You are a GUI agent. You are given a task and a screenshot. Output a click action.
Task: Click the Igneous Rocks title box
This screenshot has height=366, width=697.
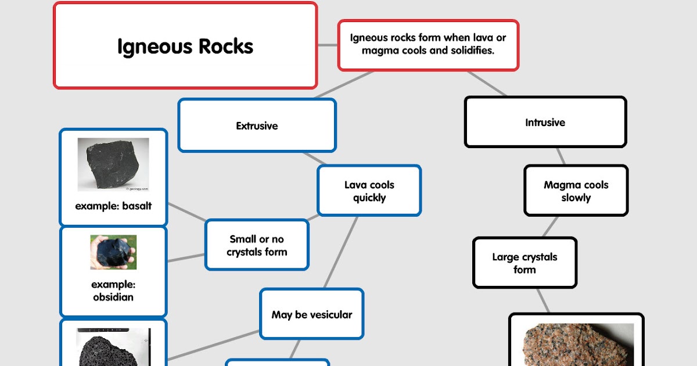pyautogui.click(x=185, y=46)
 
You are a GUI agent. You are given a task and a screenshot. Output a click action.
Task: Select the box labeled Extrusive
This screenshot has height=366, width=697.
pyautogui.click(x=257, y=125)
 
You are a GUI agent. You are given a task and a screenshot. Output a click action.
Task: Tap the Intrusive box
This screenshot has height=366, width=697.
pyautogui.click(x=545, y=123)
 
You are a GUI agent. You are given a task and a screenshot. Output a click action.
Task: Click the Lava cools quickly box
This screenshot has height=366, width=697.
pyautogui.click(x=369, y=191)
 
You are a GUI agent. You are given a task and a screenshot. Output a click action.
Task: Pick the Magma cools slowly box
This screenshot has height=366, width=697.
pyautogui.click(x=576, y=191)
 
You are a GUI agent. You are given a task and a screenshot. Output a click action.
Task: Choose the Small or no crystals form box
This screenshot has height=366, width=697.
pyautogui.click(x=257, y=245)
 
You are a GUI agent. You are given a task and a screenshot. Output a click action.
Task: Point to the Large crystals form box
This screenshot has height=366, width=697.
pyautogui.click(x=524, y=263)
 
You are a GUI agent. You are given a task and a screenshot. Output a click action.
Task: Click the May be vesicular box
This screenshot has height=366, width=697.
pyautogui.click(x=311, y=315)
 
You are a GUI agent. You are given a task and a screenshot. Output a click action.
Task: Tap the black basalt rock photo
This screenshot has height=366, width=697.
pyautogui.click(x=113, y=164)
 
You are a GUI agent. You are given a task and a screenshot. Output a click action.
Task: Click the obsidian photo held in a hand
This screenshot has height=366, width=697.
pyautogui.click(x=113, y=252)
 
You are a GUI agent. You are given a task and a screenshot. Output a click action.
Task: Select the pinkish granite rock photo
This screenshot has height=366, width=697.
pyautogui.click(x=576, y=346)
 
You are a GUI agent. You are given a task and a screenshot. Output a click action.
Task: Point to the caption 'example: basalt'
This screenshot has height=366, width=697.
pyautogui.click(x=113, y=206)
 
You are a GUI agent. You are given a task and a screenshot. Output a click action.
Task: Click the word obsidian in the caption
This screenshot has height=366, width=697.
pyautogui.click(x=113, y=297)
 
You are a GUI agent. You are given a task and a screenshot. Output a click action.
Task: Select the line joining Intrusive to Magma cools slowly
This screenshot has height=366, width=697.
pyautogui.click(x=560, y=156)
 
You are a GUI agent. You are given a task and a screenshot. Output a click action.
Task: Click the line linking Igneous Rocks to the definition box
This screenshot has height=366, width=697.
pyautogui.click(x=328, y=45)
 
